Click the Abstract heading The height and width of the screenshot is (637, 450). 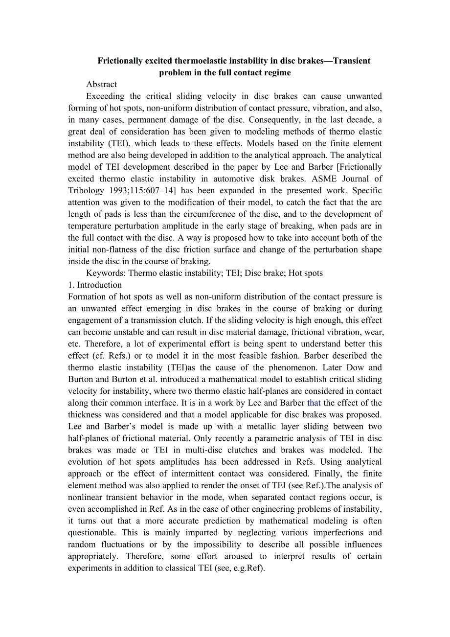pyautogui.click(x=101, y=85)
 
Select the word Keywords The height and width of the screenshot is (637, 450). pyautogui.click(x=104, y=273)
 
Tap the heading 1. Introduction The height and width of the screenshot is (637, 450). pyautogui.click(x=95, y=285)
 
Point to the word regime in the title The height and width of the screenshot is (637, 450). pyautogui.click(x=277, y=72)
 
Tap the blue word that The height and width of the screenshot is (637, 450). pyautogui.click(x=314, y=403)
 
